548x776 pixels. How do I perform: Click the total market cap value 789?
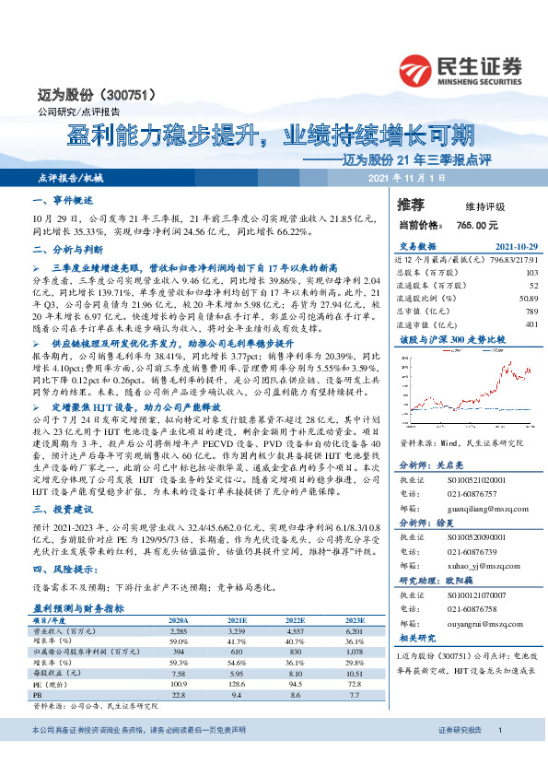530,311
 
